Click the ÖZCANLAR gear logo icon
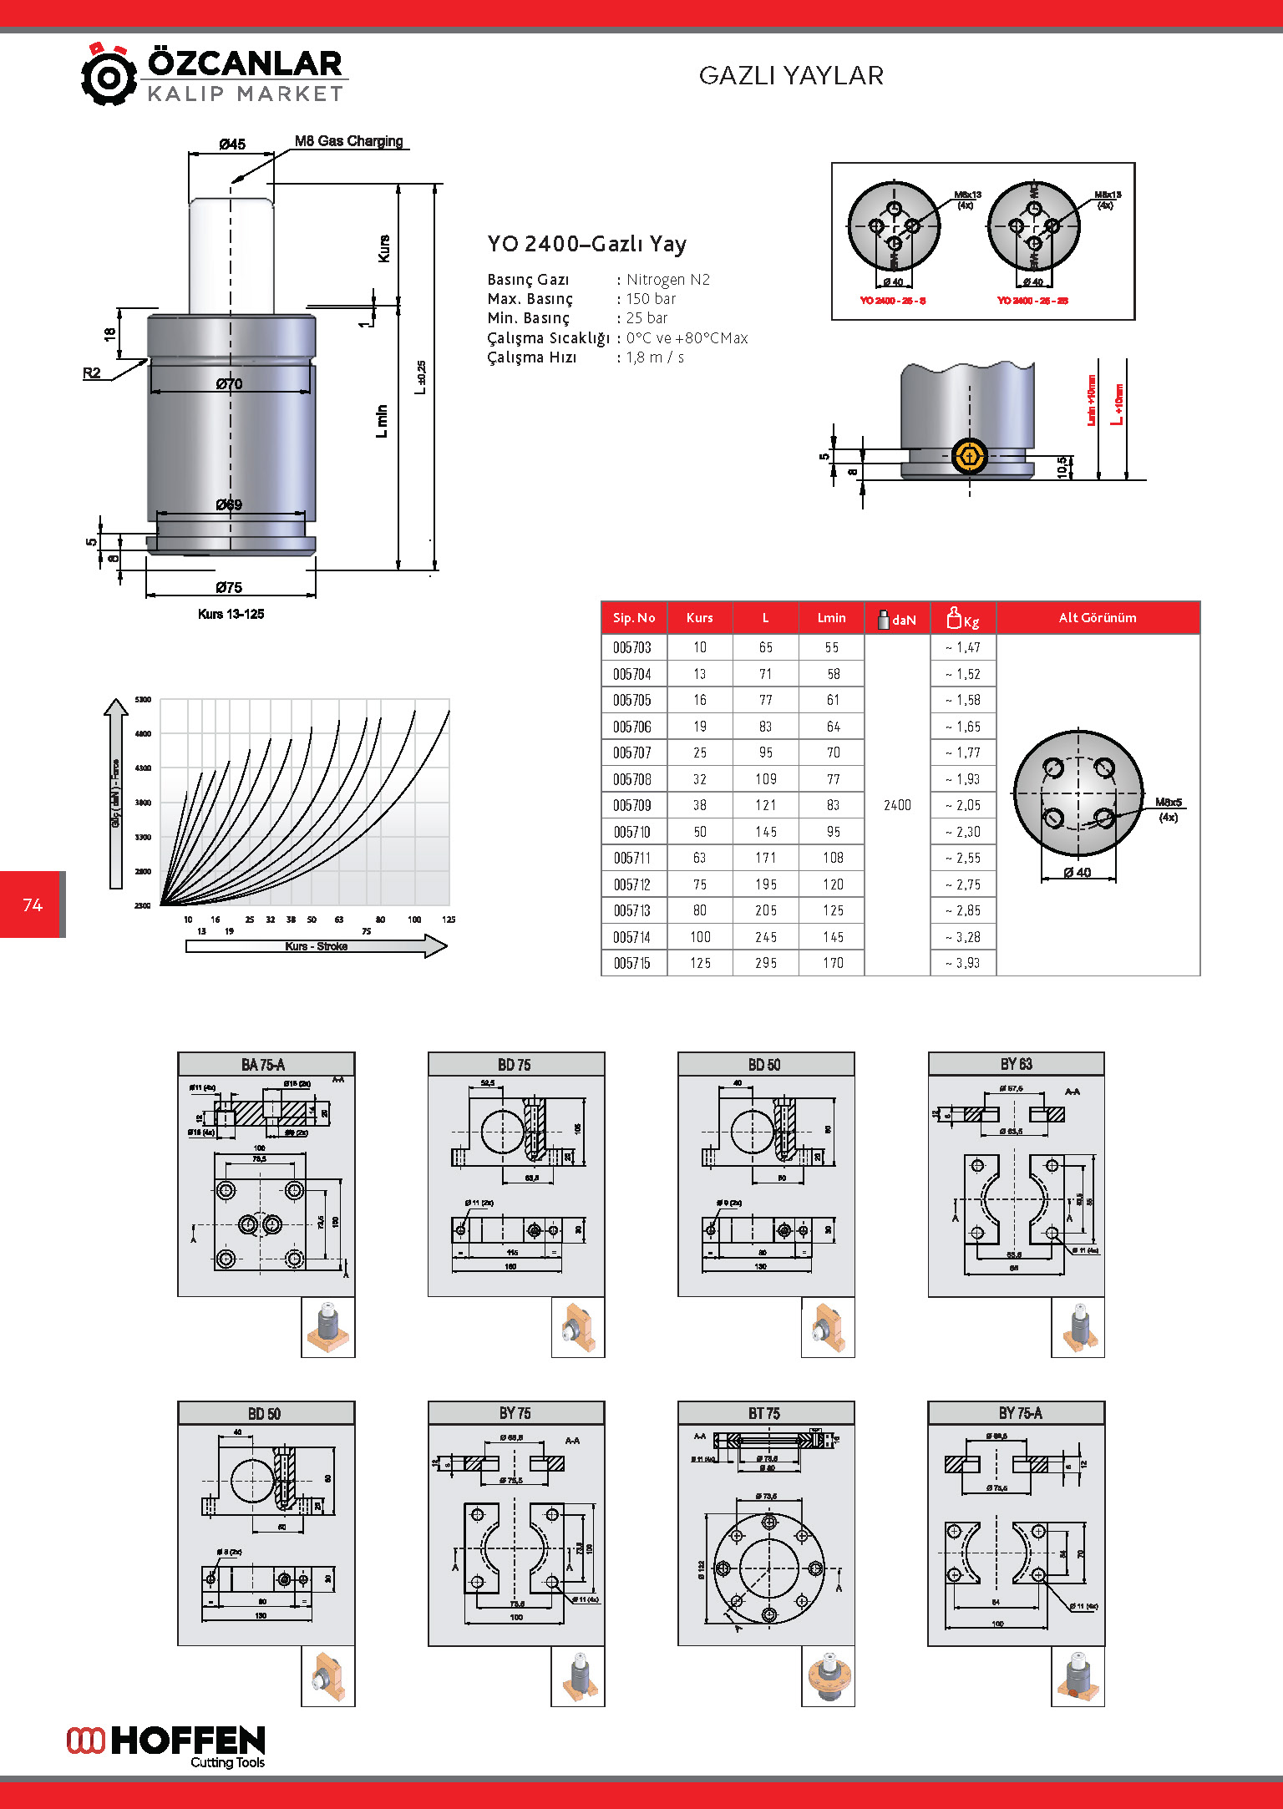109,76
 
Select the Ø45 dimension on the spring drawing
231,144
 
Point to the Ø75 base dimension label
229,587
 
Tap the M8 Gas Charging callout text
348,141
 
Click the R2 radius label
92,373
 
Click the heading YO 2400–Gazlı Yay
586,244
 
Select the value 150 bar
651,299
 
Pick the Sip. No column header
633,618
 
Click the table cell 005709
632,806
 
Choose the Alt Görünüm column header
1097,618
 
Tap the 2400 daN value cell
897,805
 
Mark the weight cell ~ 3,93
963,963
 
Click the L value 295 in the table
765,963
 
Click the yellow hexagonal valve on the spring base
969,456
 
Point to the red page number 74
33,904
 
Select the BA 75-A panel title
263,1065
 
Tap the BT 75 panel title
763,1413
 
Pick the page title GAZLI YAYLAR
790,76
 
